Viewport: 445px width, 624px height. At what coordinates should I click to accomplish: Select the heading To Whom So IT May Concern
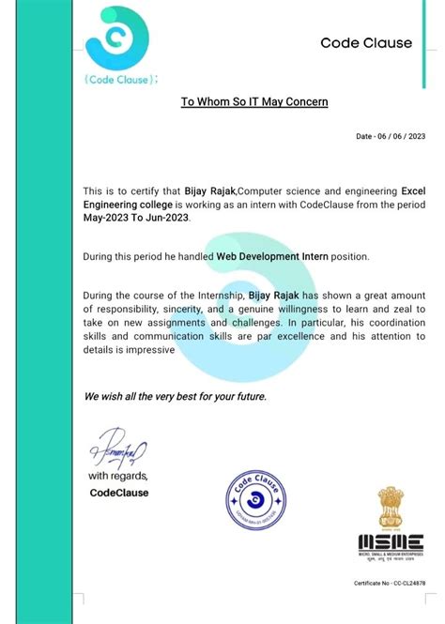(x=254, y=100)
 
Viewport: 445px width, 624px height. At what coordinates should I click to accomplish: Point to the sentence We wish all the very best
(x=176, y=396)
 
